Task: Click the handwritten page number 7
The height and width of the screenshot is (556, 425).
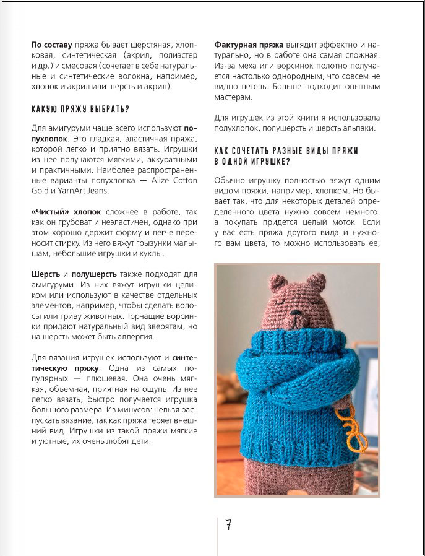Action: (x=228, y=526)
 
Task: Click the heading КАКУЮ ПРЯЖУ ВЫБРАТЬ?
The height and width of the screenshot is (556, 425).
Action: (x=80, y=110)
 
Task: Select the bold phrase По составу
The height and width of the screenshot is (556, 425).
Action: (x=52, y=45)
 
